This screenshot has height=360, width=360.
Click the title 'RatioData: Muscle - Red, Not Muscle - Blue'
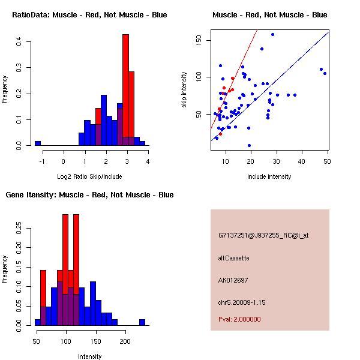click(89, 14)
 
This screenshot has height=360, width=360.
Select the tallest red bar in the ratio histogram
click(125, 90)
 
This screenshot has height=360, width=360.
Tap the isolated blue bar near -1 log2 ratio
click(38, 143)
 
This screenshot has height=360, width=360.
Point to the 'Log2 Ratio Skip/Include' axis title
click(89, 176)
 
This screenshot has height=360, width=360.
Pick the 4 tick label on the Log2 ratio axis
click(148, 161)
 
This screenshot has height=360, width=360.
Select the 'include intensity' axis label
click(269, 176)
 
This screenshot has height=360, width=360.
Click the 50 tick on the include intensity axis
click(328, 161)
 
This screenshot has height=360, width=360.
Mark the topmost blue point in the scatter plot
click(272, 34)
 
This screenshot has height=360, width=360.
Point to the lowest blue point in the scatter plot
click(249, 145)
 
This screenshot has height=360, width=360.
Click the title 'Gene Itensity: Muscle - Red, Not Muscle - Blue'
click(89, 195)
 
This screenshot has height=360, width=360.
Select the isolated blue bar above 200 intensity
click(142, 322)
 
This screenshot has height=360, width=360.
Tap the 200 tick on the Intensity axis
click(125, 341)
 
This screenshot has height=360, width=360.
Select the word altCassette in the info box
click(234, 258)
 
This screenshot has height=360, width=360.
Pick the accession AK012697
click(233, 280)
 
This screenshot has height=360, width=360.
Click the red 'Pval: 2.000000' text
click(239, 319)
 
